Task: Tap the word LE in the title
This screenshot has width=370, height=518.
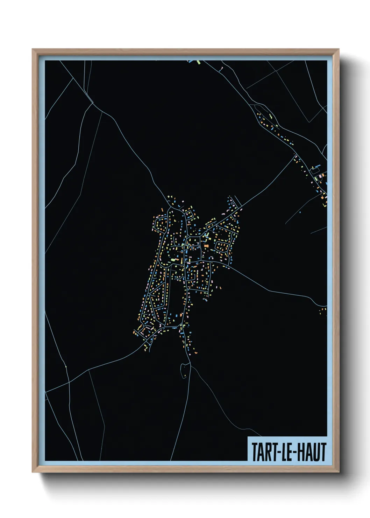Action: coord(287,452)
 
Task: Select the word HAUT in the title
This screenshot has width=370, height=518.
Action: coord(312,452)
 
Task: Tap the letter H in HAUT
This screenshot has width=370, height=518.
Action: coord(302,452)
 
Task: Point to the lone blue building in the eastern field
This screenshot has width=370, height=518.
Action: coord(300,212)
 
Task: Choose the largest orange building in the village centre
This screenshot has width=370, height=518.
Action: coord(206,246)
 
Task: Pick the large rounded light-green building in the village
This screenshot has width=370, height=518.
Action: coord(172,260)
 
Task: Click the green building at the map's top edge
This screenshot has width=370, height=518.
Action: coord(198,62)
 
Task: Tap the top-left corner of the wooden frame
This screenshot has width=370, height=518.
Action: coord(33,49)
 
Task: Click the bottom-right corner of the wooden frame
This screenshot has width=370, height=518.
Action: coord(339,472)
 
